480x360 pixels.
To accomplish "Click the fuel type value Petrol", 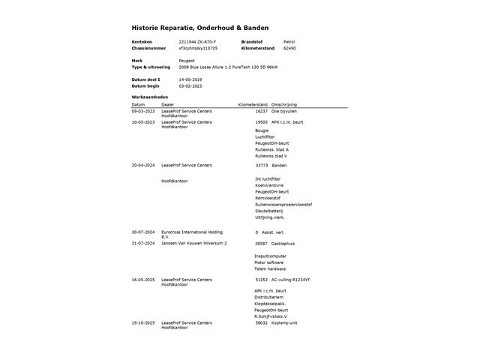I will pyautogui.click(x=289, y=41).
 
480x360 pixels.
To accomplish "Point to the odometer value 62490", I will pyautogui.click(x=289, y=48).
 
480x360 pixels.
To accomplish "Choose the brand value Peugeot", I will pyautogui.click(x=187, y=61).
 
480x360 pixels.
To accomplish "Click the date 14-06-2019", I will pyautogui.click(x=190, y=79).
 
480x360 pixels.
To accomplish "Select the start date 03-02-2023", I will pyautogui.click(x=190, y=85).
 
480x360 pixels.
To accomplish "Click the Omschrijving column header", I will pyautogui.click(x=284, y=104).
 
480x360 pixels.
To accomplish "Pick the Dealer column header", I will pyautogui.click(x=167, y=104).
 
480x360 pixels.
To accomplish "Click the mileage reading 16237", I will pyautogui.click(x=261, y=111).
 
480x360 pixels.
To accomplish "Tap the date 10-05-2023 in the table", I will pyautogui.click(x=143, y=121).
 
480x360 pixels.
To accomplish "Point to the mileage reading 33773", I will pyautogui.click(x=261, y=165).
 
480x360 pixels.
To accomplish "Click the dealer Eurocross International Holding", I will pyautogui.click(x=191, y=232).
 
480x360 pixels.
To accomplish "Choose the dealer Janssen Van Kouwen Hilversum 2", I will pyautogui.click(x=193, y=244).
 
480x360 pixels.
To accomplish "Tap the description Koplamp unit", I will pyautogui.click(x=284, y=323).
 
